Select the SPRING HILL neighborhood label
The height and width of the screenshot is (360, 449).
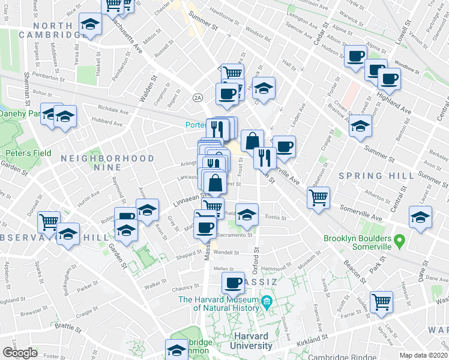[x=376, y=176]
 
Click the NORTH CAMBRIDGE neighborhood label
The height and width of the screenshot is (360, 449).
[x=57, y=30]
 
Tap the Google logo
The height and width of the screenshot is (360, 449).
[x=20, y=353]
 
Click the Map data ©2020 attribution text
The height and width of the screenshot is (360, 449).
[x=424, y=355]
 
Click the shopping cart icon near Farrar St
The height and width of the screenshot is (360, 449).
[x=381, y=301]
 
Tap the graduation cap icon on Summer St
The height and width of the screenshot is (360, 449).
[x=360, y=126]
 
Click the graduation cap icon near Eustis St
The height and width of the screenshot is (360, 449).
[x=246, y=214]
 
